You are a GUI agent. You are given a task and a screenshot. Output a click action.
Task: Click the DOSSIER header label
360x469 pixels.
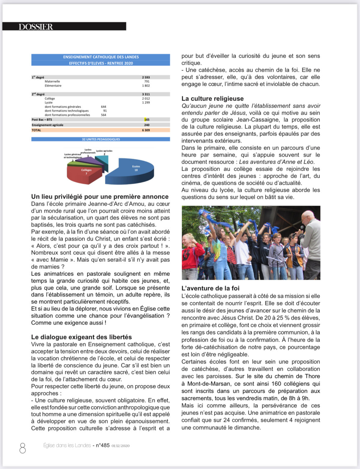pyautogui.click(x=36, y=27)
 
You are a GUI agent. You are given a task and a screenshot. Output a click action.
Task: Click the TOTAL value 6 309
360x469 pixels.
pyautogui.click(x=146, y=130)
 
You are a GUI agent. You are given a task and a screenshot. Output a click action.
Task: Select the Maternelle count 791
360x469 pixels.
pyautogui.click(x=147, y=82)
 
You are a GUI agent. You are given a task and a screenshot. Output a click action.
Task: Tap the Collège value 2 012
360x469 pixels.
pyautogui.click(x=146, y=99)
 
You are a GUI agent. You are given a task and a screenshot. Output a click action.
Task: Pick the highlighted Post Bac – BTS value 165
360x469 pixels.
pyautogui.click(x=147, y=120)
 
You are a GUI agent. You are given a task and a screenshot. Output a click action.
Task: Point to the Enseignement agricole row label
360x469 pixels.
pyautogui.click(x=48, y=125)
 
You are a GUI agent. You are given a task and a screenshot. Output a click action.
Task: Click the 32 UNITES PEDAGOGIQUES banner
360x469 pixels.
pyautogui.click(x=101, y=139)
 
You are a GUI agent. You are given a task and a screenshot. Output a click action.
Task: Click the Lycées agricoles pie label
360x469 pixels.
pyautogui.click(x=104, y=151)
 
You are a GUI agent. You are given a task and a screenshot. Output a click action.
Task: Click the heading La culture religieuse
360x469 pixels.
pyautogui.click(x=212, y=99)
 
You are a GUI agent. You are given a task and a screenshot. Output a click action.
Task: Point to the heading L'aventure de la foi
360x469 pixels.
pyautogui.click(x=210, y=288)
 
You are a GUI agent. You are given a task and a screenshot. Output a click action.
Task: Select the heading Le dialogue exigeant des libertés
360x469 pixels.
pyautogui.click(x=81, y=337)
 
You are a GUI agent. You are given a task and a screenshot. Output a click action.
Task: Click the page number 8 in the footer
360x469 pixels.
pyautogui.click(x=23, y=448)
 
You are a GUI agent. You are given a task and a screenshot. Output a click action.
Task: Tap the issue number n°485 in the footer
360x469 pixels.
pyautogui.click(x=103, y=445)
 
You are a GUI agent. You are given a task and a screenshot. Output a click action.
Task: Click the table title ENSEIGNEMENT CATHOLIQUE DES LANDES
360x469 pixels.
pyautogui.click(x=101, y=57)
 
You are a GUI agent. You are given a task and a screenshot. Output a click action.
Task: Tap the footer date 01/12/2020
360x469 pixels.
pyautogui.click(x=121, y=446)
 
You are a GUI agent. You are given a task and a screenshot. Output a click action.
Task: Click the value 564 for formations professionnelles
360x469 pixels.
pyautogui.click(x=103, y=115)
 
